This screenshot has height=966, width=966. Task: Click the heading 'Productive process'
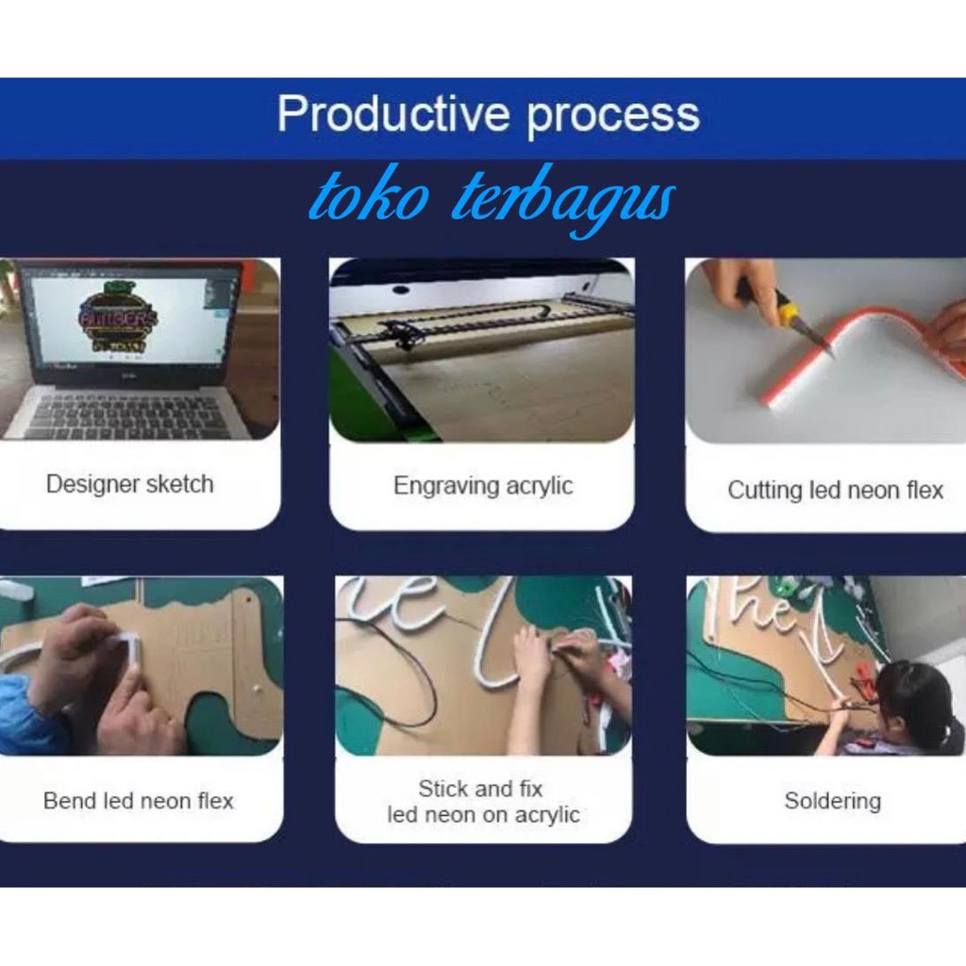pos(488,114)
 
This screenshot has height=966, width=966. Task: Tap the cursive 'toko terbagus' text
pos(491,199)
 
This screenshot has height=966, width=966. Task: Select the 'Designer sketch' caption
pos(130,484)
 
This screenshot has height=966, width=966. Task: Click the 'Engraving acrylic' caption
pos(483,486)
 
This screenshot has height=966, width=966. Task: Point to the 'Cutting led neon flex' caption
pos(836,491)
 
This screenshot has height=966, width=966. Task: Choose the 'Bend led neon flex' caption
pos(139,801)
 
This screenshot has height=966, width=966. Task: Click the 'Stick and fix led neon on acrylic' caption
pos(483,802)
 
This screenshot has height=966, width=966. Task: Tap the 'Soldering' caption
pos(832,801)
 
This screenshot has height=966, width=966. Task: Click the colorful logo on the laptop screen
pos(118,318)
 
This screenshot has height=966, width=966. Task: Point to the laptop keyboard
pos(136,414)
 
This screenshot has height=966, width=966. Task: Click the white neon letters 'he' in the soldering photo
pos(757,607)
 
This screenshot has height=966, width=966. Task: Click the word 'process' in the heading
pos(613,116)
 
